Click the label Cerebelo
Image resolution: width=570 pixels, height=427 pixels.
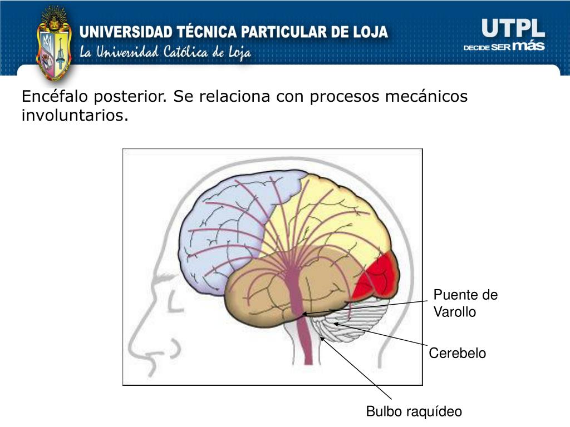click(457, 353)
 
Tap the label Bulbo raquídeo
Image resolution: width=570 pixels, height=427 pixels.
click(414, 411)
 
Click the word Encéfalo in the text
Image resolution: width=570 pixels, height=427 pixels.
click(55, 97)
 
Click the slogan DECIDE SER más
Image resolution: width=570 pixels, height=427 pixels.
click(504, 47)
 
